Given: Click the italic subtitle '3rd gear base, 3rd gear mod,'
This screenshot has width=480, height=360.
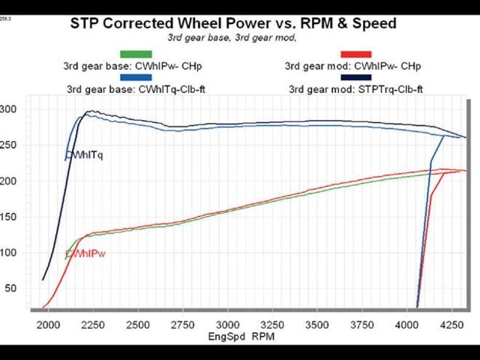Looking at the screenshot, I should tap(233, 38).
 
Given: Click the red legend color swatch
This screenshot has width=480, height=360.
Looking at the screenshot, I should tap(356, 54).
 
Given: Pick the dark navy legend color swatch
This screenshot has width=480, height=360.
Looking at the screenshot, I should tap(356, 78).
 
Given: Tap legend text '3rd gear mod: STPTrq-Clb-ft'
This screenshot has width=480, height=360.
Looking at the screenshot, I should tap(356, 90).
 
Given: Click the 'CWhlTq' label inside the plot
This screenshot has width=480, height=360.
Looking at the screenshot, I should tap(84, 155).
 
